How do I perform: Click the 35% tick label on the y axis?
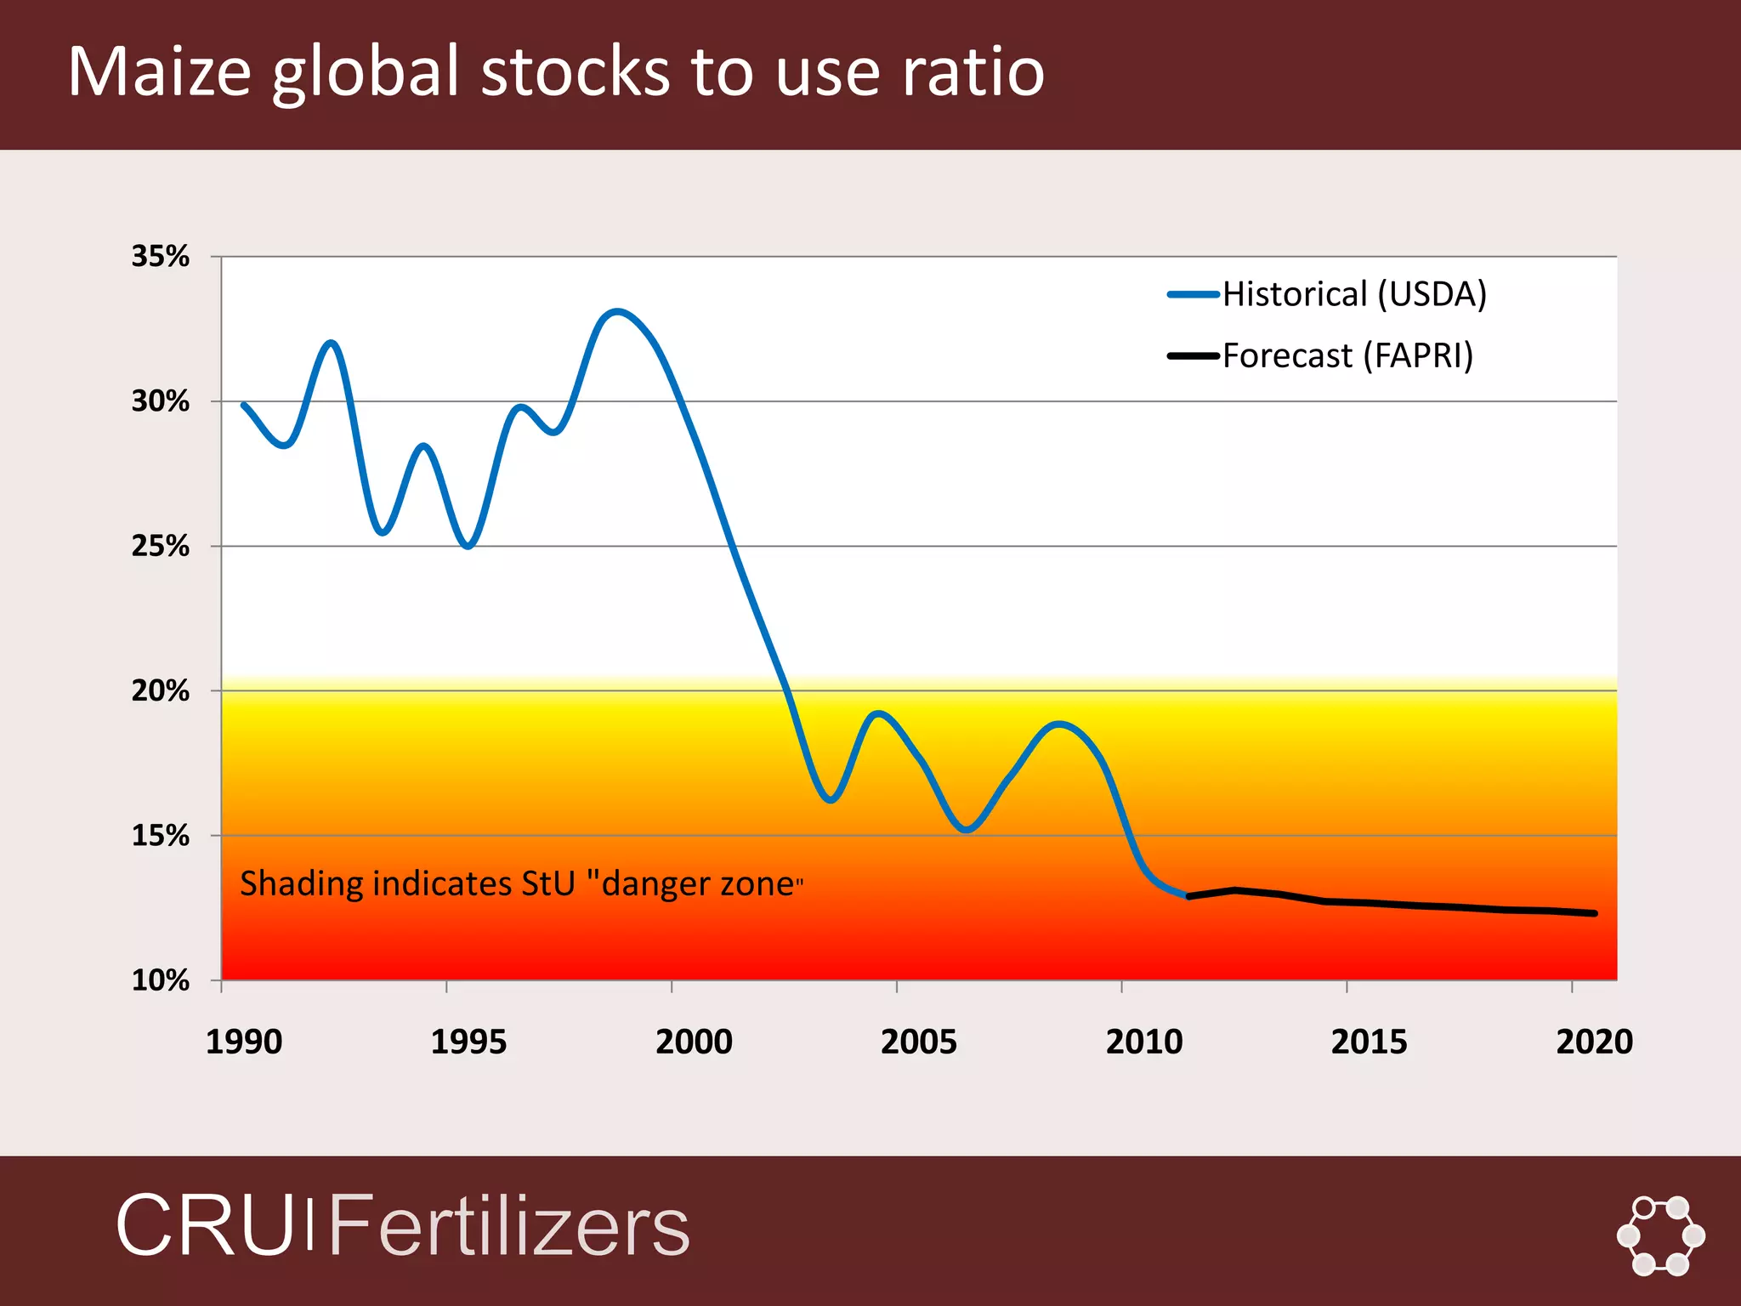click(x=160, y=256)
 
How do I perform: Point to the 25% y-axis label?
click(x=160, y=546)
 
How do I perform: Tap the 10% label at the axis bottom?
click(x=160, y=980)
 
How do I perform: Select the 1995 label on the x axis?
click(x=468, y=1042)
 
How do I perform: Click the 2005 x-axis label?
click(x=918, y=1042)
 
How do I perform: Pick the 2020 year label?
click(x=1594, y=1042)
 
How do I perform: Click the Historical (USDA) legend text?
click(x=1354, y=294)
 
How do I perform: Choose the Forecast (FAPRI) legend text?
click(x=1347, y=355)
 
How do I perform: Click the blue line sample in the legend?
click(x=1194, y=295)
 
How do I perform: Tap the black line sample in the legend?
click(x=1194, y=356)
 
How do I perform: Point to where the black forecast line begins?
click(x=1188, y=896)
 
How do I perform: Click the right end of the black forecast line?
click(x=1595, y=913)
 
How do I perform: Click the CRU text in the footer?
click(x=204, y=1225)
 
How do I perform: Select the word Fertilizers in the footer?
click(x=508, y=1225)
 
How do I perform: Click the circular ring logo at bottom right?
click(x=1660, y=1235)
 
